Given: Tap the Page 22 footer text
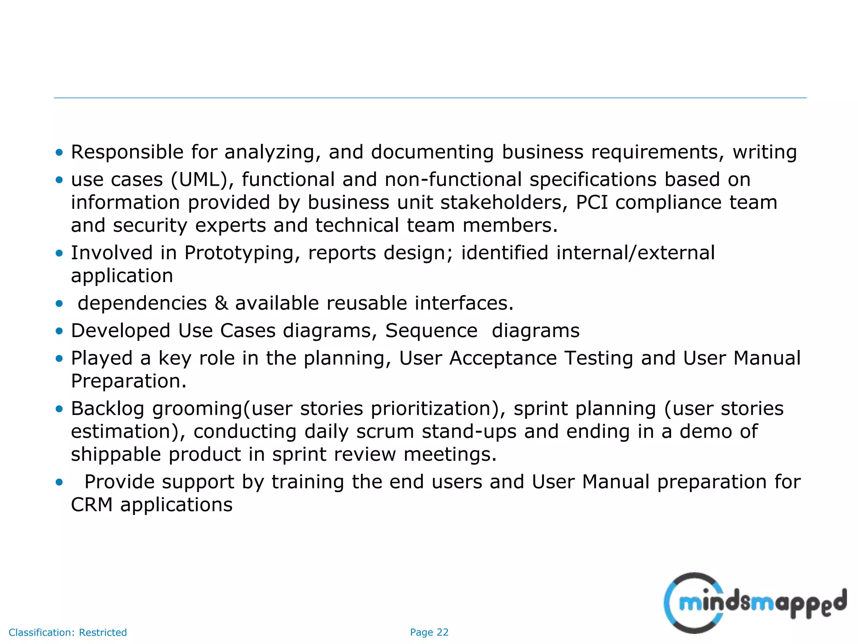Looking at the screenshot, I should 429,632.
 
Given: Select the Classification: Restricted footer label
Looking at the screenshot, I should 67,632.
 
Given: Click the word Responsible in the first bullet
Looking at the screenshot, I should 127,152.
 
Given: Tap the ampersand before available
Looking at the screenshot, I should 221,303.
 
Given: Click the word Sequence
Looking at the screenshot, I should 431,331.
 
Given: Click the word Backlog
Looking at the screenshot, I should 108,409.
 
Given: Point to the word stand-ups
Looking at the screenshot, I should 469,431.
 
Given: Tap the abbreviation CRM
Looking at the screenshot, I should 91,505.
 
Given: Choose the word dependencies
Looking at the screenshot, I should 142,303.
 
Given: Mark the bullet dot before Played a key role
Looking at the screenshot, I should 59,359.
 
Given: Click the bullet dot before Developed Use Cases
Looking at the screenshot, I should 59,331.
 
